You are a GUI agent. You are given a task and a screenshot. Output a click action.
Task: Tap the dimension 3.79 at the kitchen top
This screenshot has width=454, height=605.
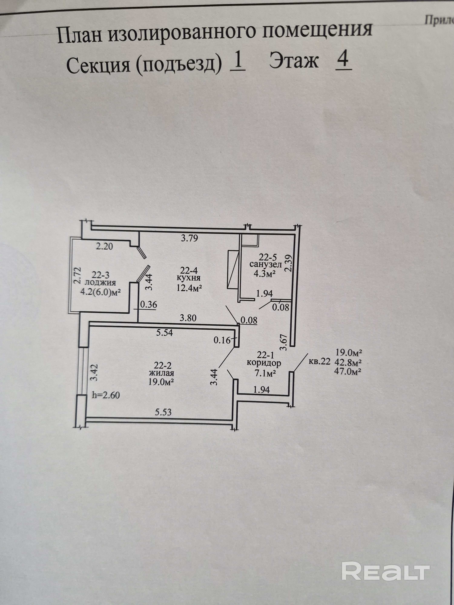coord(189,238)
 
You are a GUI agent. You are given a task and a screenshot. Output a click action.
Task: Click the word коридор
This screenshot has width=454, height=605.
coord(264,363)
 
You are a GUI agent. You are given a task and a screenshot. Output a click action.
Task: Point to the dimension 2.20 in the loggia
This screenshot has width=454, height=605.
coord(104,246)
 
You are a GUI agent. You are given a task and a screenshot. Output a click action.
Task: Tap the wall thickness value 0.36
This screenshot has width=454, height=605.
coord(149,304)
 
